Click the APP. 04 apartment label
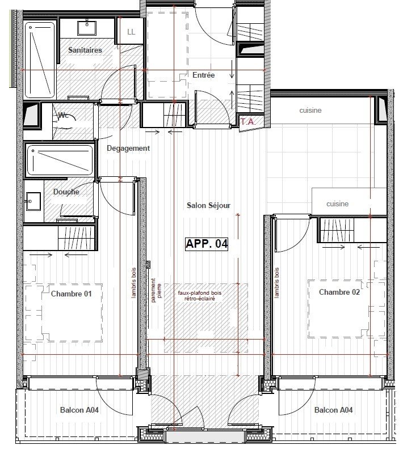coord(207,244)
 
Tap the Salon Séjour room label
coord(209,206)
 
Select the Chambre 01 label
coord(72,294)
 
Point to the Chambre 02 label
coord(339,292)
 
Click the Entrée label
coord(203,75)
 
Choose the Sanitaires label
coord(85,50)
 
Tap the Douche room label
coord(66,192)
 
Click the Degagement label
coord(128,149)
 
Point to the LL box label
coord(131,32)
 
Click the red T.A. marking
coord(247,121)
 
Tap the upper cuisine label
coord(310,111)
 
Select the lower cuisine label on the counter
coord(337,204)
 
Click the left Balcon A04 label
coord(79,410)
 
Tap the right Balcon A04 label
coord(334,410)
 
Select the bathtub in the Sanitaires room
coord(39,58)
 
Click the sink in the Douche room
coord(32,200)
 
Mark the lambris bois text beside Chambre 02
coord(276,283)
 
